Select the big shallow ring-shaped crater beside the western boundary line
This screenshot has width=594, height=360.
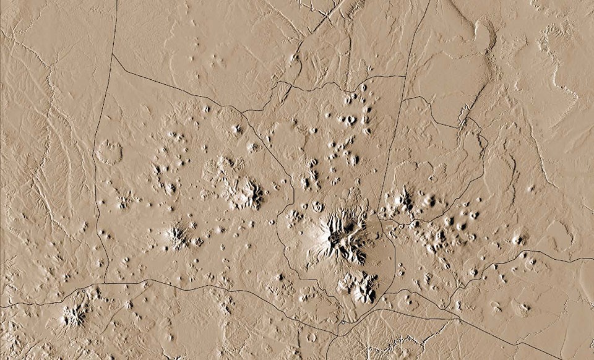[110, 152]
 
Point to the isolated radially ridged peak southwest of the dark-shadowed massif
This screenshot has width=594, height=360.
[177, 235]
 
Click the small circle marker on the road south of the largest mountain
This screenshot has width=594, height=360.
[342, 322]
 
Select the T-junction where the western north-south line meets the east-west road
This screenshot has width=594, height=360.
[105, 283]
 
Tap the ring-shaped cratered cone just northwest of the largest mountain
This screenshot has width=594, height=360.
[318, 206]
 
